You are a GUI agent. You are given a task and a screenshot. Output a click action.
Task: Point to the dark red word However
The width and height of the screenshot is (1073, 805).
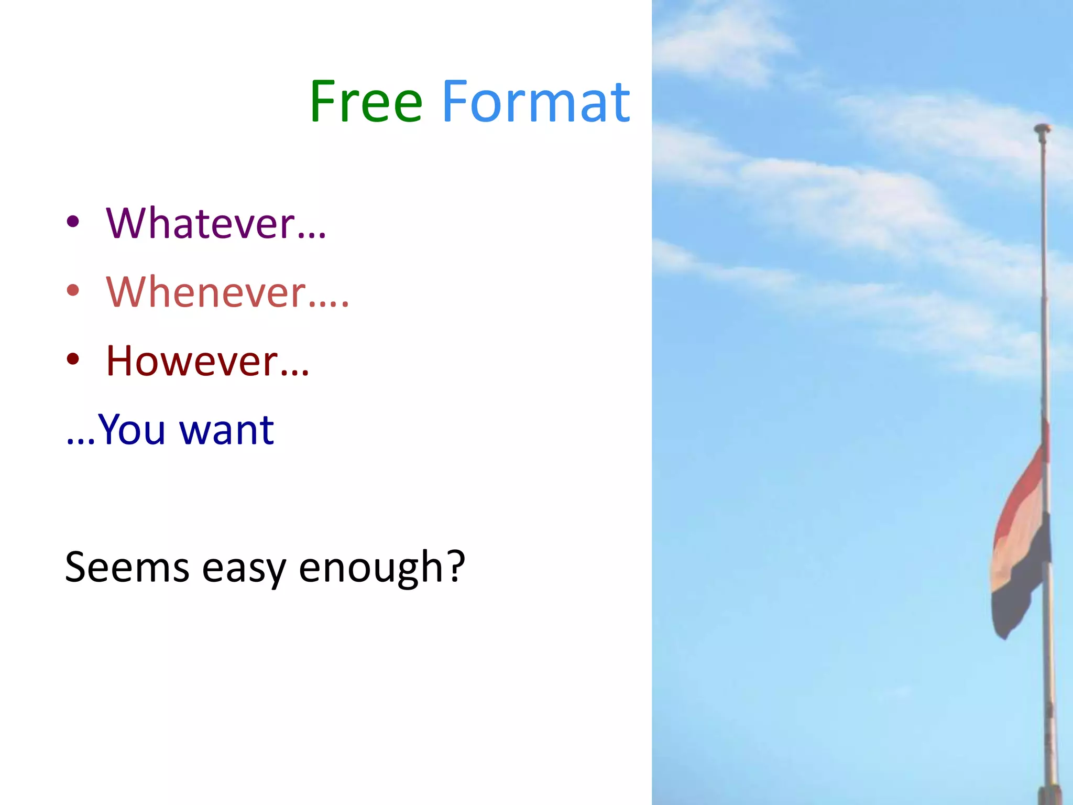[192, 361]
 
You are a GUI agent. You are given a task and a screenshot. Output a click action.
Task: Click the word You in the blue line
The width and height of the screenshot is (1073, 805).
[132, 430]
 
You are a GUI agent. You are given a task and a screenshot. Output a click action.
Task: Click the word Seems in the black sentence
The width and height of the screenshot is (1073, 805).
[127, 567]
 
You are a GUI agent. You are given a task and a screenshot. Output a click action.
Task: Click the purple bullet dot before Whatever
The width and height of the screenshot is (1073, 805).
[73, 222]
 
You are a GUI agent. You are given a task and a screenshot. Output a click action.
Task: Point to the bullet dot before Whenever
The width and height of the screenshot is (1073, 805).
[73, 290]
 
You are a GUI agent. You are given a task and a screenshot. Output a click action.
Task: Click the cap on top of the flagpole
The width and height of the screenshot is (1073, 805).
[1042, 128]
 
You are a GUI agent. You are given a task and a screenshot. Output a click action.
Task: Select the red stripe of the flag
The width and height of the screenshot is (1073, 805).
[1019, 498]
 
